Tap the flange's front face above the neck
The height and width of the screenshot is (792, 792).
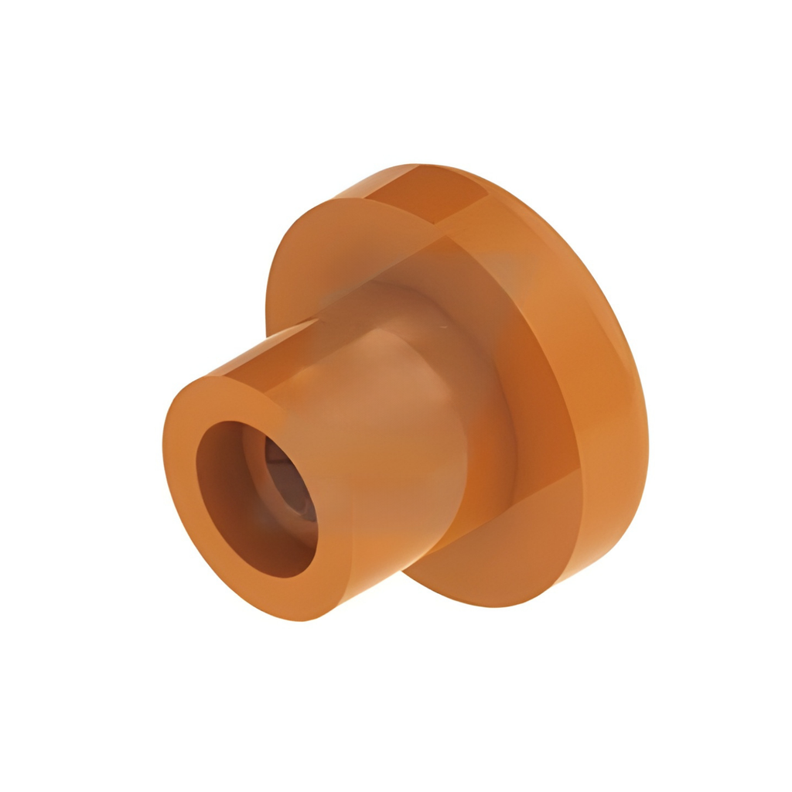(348, 255)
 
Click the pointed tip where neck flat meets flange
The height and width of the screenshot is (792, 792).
(316, 321)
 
